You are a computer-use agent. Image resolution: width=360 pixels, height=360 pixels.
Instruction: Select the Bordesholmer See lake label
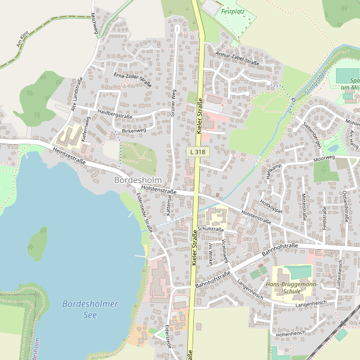tap(91, 309)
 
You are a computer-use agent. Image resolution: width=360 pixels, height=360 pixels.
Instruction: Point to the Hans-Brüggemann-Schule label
tap(292, 287)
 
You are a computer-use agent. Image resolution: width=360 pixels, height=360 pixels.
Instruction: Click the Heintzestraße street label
tap(70, 157)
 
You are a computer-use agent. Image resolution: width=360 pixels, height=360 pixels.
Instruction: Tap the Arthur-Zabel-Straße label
tap(237, 58)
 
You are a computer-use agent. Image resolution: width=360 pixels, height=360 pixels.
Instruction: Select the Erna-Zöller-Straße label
tap(132, 79)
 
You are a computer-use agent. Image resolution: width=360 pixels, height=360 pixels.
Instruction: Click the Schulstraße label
tap(211, 229)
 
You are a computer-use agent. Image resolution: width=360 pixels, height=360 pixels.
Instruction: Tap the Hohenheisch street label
tap(291, 332)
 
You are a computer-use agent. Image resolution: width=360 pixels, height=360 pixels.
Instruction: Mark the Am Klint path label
tap(22, 40)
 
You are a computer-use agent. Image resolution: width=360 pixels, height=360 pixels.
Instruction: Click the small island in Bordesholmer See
tap(38, 243)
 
